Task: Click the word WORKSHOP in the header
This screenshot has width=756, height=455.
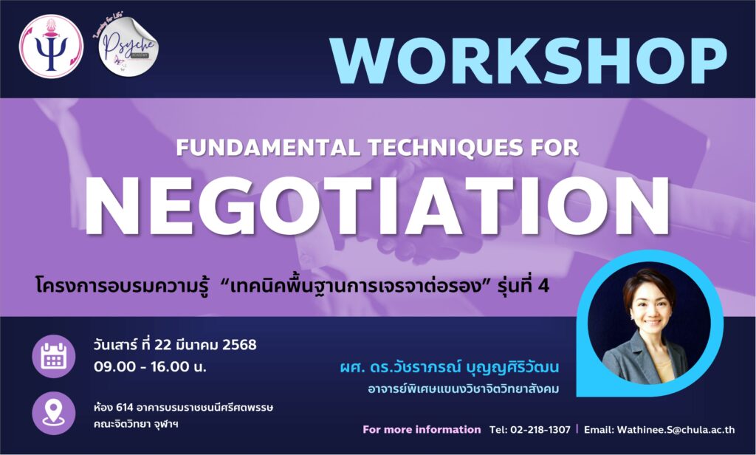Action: pyautogui.click(x=528, y=61)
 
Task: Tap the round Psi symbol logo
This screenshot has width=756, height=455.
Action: pyautogui.click(x=51, y=47)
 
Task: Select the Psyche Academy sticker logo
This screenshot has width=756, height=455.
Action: pyautogui.click(x=128, y=47)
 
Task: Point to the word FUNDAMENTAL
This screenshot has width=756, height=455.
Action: pyautogui.click(x=268, y=148)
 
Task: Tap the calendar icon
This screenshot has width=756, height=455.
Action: pyautogui.click(x=53, y=356)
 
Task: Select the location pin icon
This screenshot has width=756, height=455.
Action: pyautogui.click(x=53, y=414)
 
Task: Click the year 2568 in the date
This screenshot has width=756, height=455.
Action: pyautogui.click(x=240, y=345)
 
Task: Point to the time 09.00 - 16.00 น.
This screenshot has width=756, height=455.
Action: pyautogui.click(x=150, y=366)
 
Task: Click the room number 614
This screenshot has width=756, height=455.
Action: pyautogui.click(x=124, y=408)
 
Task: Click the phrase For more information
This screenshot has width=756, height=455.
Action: pyautogui.click(x=422, y=429)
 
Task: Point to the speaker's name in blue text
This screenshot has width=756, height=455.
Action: pyautogui.click(x=450, y=368)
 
